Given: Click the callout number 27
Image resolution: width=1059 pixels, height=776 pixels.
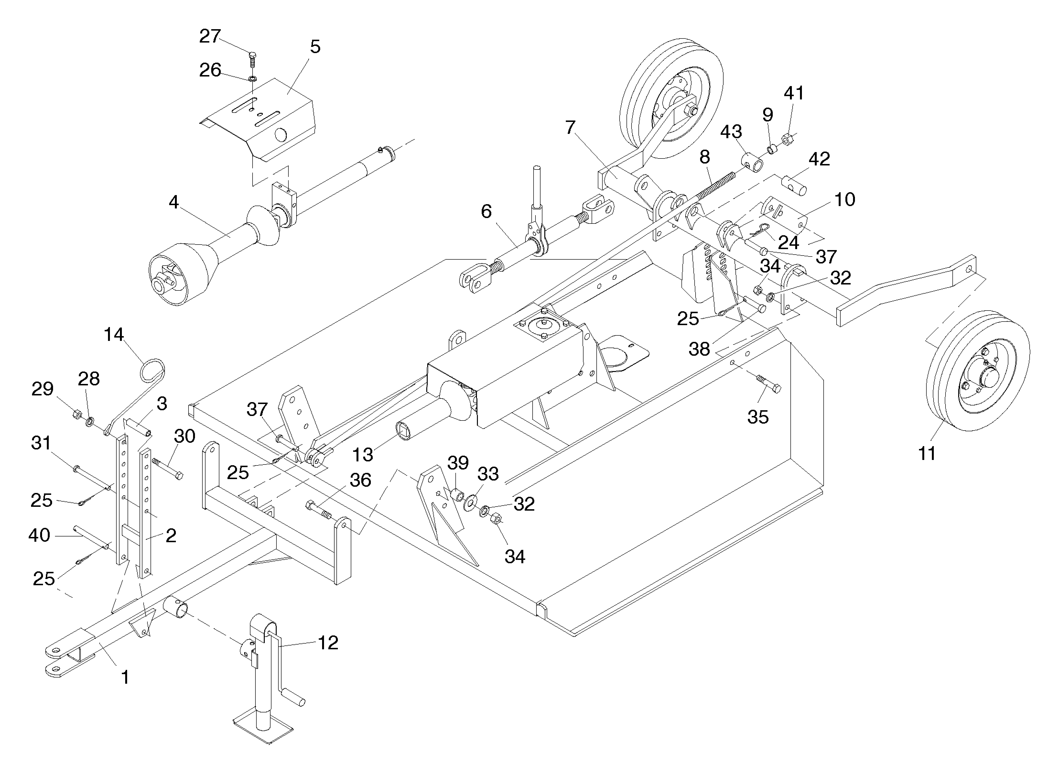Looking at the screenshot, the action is tap(210, 36).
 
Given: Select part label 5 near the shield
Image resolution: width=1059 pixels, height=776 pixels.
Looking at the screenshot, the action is tap(315, 47).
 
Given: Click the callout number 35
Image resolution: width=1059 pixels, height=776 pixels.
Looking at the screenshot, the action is tap(758, 417).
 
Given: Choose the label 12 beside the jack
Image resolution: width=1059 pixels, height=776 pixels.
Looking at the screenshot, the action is tap(328, 643).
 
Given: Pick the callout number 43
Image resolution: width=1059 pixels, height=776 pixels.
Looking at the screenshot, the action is tap(731, 132).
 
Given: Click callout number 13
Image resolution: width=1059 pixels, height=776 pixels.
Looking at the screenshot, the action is tap(362, 455).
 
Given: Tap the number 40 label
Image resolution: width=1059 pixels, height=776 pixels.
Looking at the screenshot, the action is tap(39, 535).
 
